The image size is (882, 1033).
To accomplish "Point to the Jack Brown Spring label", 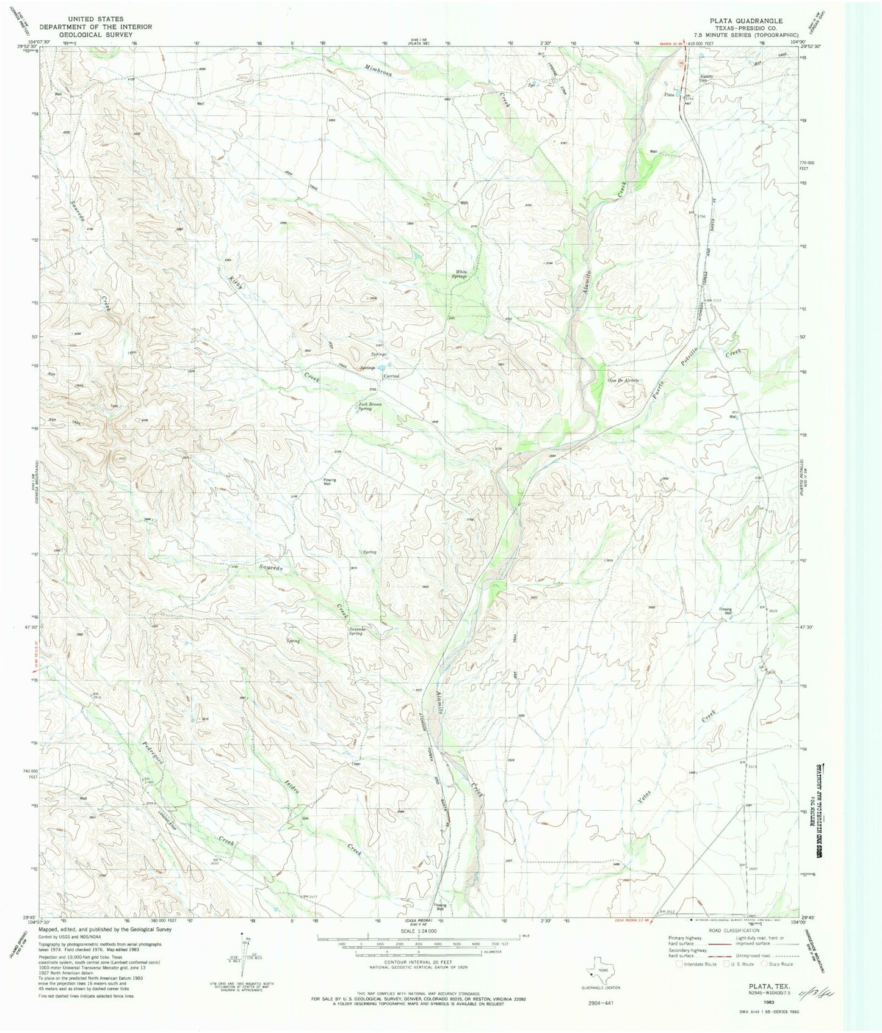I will pyautogui.click(x=365, y=406).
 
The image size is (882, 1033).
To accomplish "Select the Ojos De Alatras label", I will pyautogui.click(x=623, y=380).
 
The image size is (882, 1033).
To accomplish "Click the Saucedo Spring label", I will pyautogui.click(x=355, y=631).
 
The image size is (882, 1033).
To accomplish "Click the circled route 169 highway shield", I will pyautogui.click(x=682, y=63).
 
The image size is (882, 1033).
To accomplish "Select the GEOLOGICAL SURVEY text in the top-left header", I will pyautogui.click(x=96, y=35).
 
